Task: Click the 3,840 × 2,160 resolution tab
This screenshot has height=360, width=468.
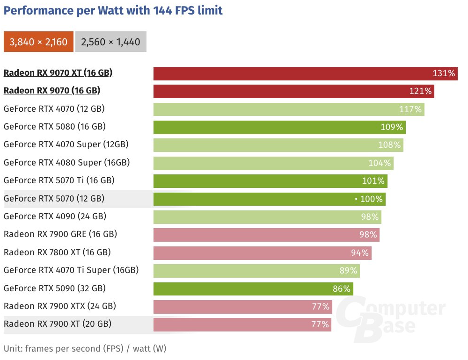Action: (x=38, y=42)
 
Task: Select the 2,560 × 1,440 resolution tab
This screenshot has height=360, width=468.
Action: (x=110, y=42)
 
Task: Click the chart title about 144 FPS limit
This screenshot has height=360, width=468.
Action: (x=113, y=10)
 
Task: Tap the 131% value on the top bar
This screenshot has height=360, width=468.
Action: (x=444, y=73)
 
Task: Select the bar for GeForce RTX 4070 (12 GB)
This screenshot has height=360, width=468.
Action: (x=288, y=109)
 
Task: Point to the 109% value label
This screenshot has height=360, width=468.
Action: (x=392, y=127)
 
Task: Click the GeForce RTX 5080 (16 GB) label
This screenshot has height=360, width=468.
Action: (x=54, y=127)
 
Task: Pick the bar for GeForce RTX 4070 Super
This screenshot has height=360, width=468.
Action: (x=278, y=145)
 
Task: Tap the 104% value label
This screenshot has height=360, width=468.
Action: (x=380, y=163)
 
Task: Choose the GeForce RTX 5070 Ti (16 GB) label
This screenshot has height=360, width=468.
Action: (x=59, y=180)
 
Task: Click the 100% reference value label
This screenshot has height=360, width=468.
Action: (x=371, y=199)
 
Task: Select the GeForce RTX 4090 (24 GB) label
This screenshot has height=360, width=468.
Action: (x=55, y=216)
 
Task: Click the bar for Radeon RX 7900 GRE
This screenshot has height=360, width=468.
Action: (x=266, y=235)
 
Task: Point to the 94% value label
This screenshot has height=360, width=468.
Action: (x=359, y=252)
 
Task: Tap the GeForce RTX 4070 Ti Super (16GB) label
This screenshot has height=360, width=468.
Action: (x=71, y=270)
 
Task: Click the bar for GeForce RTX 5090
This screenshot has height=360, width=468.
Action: (x=253, y=288)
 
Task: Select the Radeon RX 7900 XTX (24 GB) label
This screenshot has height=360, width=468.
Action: (x=59, y=306)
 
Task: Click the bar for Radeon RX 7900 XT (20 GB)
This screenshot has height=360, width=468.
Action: (x=242, y=324)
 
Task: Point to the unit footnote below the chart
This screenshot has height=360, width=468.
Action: (x=85, y=348)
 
